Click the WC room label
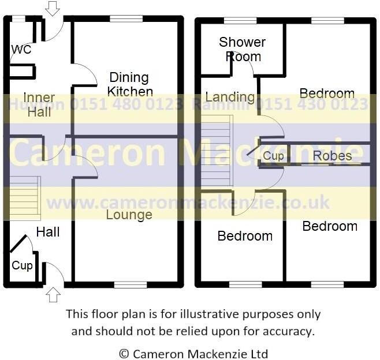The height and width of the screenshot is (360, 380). click(21, 50)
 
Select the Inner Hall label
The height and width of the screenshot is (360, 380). click(39, 104)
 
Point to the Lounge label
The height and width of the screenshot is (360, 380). click(129, 215)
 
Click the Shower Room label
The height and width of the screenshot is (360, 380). click(243, 50)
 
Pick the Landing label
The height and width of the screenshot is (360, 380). click(230, 97)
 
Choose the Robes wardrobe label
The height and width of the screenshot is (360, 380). click(332, 156)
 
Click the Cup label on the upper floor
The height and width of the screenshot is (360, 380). click(273, 156)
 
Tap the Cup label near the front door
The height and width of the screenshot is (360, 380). click(23, 266)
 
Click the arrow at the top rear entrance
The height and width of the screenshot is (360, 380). click(53, 8)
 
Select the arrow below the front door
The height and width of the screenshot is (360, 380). click(53, 295)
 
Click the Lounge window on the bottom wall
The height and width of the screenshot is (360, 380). click(131, 284)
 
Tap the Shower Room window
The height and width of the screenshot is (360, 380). click(240, 21)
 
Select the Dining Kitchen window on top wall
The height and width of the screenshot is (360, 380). click(126, 19)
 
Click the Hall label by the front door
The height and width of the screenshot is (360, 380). click(48, 232)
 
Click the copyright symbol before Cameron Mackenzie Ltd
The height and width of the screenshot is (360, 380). click(124, 354)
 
